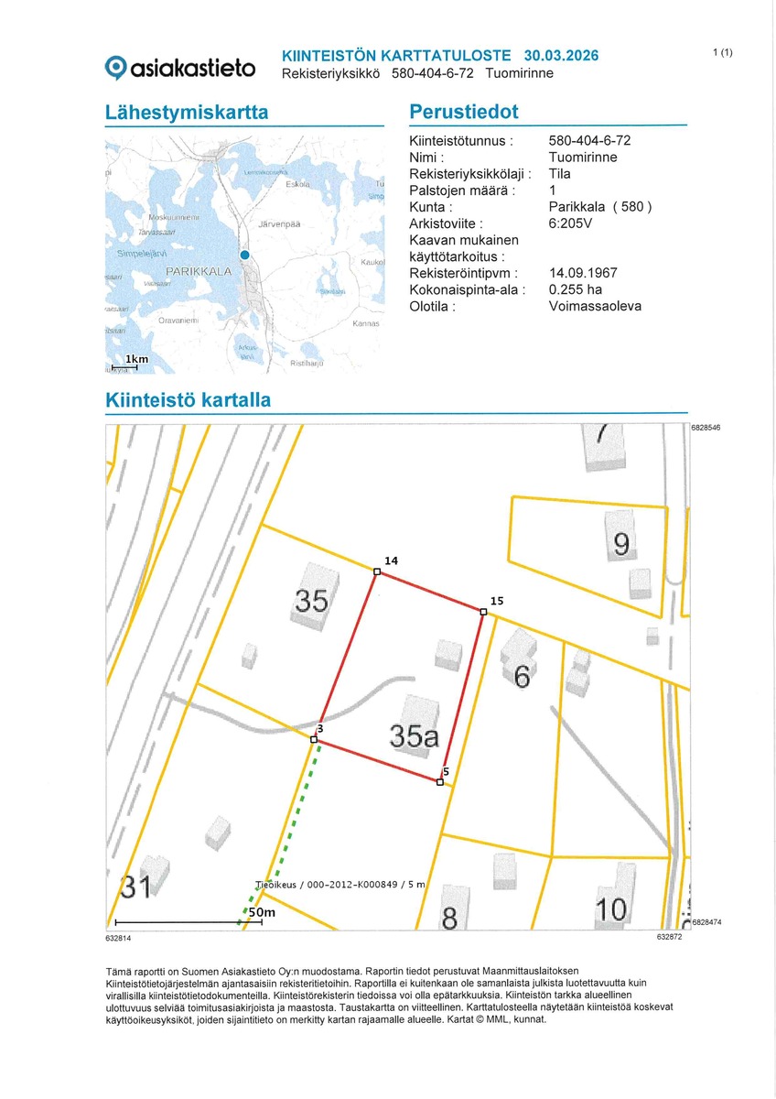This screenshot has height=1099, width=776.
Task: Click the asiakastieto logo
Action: click(180, 67)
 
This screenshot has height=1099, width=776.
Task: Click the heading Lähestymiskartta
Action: click(187, 113)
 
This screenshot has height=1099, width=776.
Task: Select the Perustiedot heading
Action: click(463, 113)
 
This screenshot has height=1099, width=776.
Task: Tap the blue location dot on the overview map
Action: click(244, 256)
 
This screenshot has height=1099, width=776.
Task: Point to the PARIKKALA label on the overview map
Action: click(198, 272)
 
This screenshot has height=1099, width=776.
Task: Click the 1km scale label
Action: click(136, 360)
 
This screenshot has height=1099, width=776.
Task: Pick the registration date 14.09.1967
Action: click(583, 273)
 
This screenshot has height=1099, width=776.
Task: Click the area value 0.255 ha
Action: click(576, 289)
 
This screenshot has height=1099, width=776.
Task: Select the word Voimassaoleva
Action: click(595, 306)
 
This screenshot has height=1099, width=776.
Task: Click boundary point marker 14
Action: click(377, 572)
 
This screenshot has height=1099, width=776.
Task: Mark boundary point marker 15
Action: click(483, 612)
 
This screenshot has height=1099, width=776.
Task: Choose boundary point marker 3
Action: click(314, 739)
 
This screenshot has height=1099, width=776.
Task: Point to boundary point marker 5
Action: click(440, 782)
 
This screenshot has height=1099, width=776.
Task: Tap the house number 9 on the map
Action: click(621, 545)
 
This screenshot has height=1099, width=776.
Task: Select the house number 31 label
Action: click(135, 887)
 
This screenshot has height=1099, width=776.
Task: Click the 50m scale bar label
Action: click(262, 912)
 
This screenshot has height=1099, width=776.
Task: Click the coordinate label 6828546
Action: click(706, 428)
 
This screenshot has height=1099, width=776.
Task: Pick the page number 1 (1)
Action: click(722, 52)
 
